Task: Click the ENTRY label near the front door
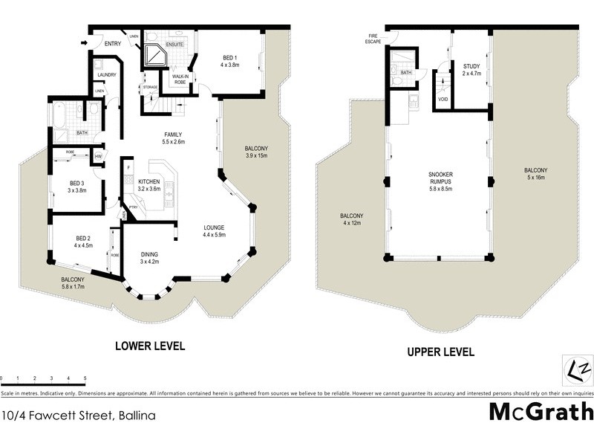113,44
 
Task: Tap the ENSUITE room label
174,45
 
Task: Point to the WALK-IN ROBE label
180,79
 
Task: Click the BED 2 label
82,241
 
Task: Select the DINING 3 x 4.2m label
150,257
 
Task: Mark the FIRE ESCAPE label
373,39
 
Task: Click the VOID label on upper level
443,99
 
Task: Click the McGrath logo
541,411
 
